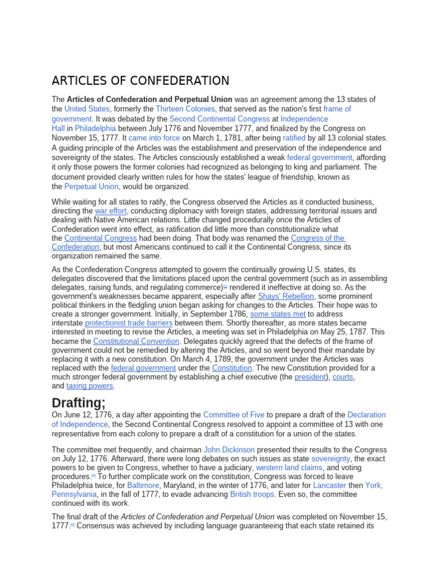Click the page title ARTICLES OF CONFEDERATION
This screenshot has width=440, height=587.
(140, 81)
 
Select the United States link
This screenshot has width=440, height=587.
(87, 109)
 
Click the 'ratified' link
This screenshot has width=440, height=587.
(294, 138)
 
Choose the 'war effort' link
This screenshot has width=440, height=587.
(111, 211)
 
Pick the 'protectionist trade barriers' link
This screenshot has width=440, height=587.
(128, 323)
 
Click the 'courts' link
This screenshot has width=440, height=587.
(343, 377)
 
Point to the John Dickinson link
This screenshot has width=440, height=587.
(229, 450)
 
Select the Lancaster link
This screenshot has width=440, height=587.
(329, 486)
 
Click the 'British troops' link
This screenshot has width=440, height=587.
(252, 494)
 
